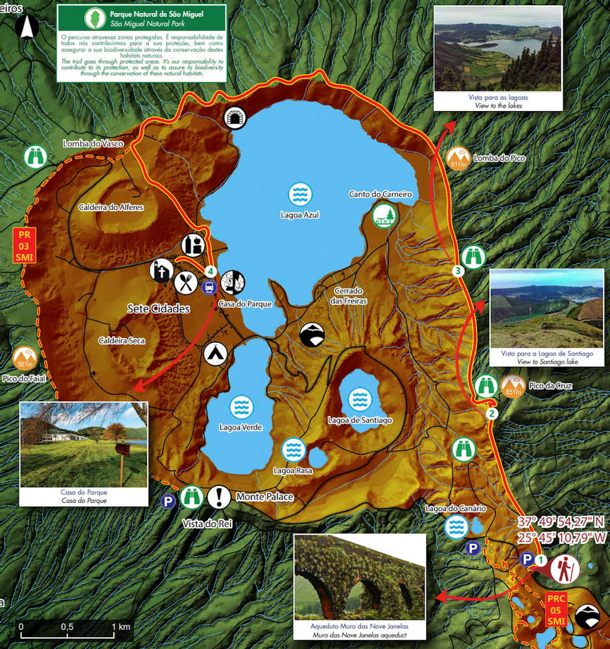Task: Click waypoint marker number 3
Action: [x=458, y=271]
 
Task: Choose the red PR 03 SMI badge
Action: [x=24, y=245]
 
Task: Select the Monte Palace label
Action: [x=265, y=497]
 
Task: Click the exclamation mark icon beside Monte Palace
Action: [x=219, y=497]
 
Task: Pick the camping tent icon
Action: [x=215, y=354]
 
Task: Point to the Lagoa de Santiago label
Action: [x=360, y=421]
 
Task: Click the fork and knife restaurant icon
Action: [x=186, y=282]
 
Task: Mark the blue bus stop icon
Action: [x=209, y=286]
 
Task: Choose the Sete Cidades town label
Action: [x=158, y=309]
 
